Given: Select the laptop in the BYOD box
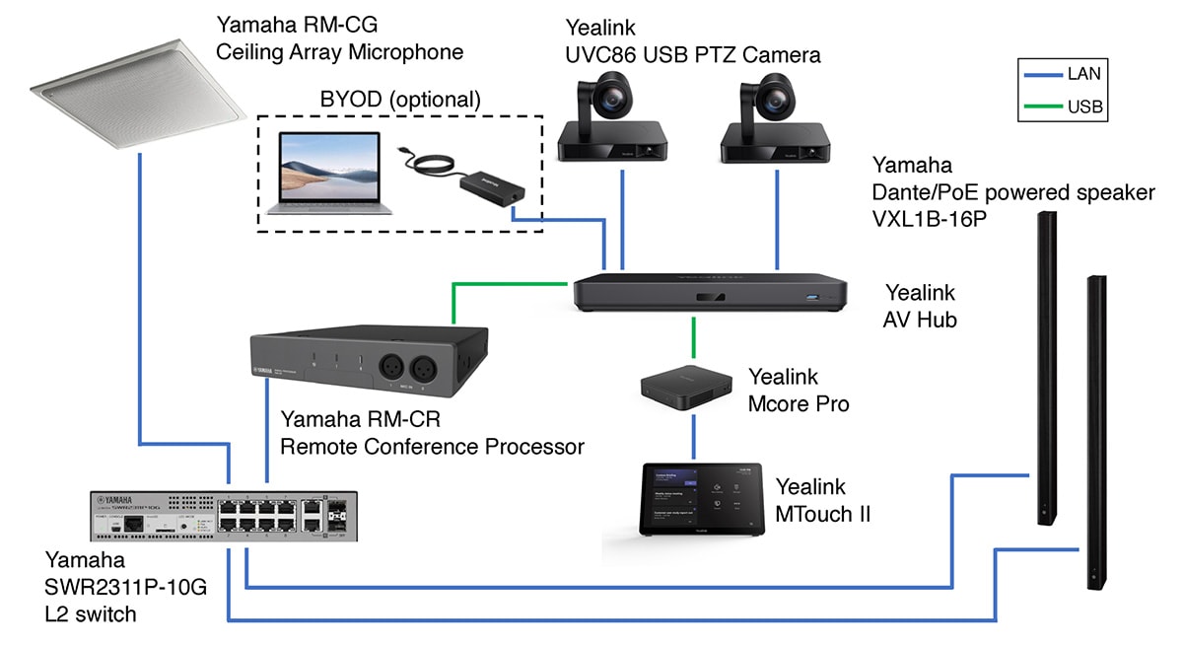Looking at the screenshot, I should click(322, 173).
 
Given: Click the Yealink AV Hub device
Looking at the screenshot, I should click(710, 293).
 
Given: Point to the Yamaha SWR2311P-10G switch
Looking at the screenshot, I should click(224, 516).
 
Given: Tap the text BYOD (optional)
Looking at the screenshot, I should click(400, 99).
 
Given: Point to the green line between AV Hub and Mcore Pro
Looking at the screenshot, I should click(694, 338).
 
